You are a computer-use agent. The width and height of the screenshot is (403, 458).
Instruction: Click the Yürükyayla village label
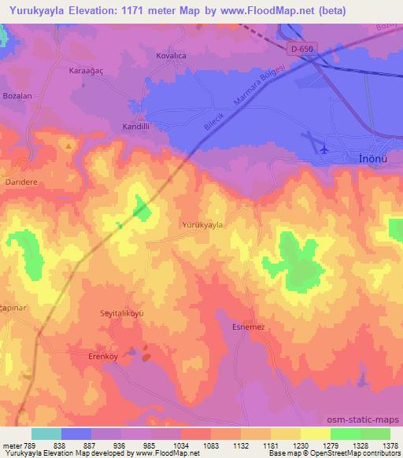[x=202, y=225]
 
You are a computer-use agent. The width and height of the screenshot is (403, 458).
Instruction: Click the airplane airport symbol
[x=324, y=146]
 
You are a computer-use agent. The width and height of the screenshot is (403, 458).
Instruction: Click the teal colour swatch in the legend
[x=46, y=434]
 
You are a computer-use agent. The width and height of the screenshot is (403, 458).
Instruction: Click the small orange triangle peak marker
[x=69, y=146]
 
